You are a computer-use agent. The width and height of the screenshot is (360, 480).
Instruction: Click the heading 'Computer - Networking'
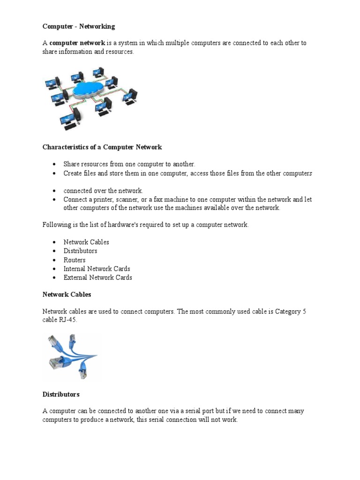[79, 27]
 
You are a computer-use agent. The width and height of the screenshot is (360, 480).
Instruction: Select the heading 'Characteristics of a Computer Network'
[102, 147]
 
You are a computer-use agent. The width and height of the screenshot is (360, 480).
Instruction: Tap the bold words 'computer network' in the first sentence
[77, 43]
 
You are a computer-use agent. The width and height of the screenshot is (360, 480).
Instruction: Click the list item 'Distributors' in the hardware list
[81, 251]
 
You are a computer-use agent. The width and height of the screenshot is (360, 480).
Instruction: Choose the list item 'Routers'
[75, 260]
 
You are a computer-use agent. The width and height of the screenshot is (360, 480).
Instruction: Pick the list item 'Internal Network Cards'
[97, 269]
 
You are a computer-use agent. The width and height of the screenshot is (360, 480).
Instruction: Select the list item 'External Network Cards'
[98, 277]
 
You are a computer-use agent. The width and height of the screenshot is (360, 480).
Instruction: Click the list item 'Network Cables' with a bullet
[86, 242]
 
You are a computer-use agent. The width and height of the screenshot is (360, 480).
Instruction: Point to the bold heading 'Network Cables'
[67, 295]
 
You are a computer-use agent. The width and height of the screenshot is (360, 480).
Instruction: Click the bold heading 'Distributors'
[61, 394]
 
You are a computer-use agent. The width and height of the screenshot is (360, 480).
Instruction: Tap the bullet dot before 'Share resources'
[54, 165]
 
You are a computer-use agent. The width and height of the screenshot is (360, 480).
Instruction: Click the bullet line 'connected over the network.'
[103, 191]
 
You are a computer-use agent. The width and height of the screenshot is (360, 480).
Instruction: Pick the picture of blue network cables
[71, 356]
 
